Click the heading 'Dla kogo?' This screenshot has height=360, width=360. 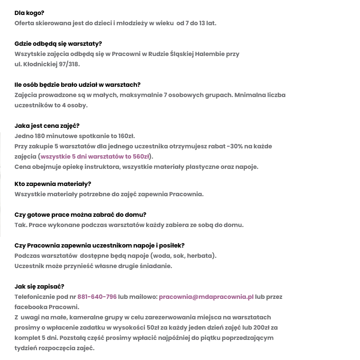click(30, 13)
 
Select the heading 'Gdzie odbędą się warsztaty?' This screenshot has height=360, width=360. click(58, 44)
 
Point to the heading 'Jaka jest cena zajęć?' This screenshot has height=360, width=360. click(47, 126)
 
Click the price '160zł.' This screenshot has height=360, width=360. click(127, 136)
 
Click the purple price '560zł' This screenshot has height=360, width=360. click(142, 156)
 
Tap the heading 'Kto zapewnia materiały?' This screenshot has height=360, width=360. click(53, 184)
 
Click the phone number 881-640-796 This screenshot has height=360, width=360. click(97, 297)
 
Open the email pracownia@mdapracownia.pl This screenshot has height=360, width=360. click(206, 297)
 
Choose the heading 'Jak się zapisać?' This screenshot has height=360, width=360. click(39, 286)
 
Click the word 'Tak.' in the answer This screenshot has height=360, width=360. click(21, 225)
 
